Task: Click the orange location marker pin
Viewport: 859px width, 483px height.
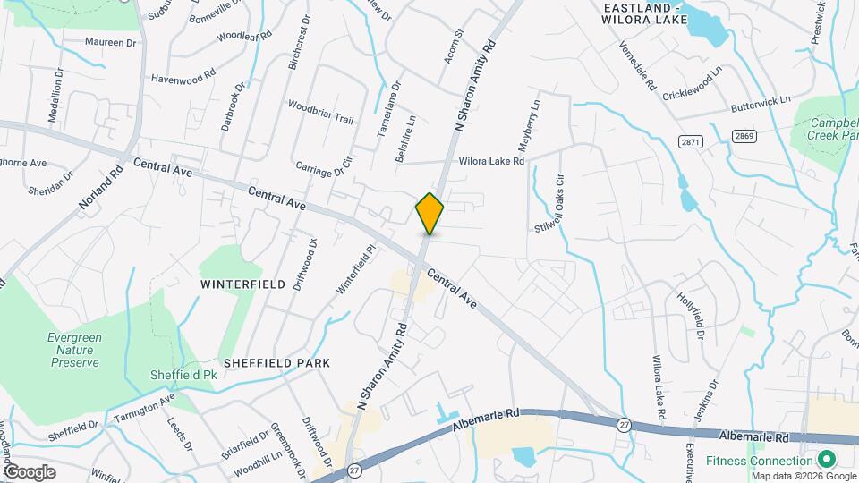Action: point(429,213)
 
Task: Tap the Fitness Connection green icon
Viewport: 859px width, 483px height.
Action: point(828,461)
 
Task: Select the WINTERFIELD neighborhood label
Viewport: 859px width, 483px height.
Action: point(242,284)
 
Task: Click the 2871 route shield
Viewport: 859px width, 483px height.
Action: point(690,142)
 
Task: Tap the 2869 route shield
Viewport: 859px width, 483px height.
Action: point(743,136)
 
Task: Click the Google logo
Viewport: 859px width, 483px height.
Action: point(29,471)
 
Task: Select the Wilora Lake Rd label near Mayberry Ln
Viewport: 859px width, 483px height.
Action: point(491,162)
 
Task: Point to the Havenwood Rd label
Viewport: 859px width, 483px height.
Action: point(183,79)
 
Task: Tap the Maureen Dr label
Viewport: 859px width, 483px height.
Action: point(111,42)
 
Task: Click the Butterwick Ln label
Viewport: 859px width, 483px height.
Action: point(763,102)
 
